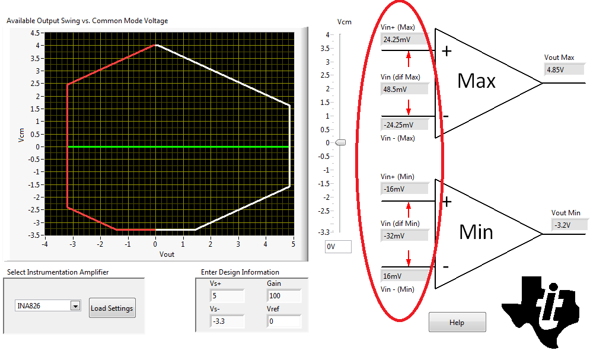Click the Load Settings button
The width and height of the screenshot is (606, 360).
tap(112, 308)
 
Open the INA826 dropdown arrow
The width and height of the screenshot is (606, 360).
tap(75, 306)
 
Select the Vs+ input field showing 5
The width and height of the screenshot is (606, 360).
tap(227, 295)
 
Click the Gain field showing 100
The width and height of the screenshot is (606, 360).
tap(283, 295)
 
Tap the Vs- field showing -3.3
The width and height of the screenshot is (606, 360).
tap(227, 321)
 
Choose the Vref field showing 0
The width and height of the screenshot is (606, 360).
tap(283, 321)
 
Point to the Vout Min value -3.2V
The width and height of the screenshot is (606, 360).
tap(569, 225)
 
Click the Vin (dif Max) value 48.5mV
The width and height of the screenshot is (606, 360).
tap(404, 89)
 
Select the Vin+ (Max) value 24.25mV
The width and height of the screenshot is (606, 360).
tap(404, 40)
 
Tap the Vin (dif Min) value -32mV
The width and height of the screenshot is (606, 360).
tap(404, 235)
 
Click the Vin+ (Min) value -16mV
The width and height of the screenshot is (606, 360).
tap(404, 189)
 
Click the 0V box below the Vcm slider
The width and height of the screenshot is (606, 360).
tap(338, 247)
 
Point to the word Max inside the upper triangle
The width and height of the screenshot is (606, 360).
tap(477, 81)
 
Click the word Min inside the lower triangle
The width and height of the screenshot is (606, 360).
tap(476, 231)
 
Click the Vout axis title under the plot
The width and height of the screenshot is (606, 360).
tap(167, 254)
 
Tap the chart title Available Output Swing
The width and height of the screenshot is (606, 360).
tap(87, 21)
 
